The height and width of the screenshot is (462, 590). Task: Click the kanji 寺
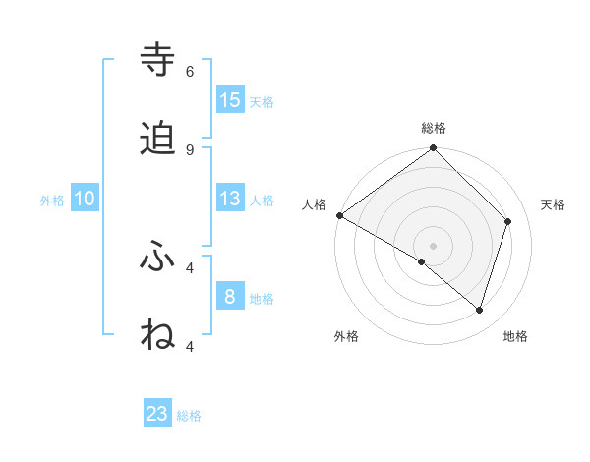tap(158, 59)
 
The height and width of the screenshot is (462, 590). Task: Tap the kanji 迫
tap(158, 138)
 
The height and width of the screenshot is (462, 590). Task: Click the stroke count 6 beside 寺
tap(190, 71)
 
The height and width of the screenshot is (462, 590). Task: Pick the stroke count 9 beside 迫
tap(190, 149)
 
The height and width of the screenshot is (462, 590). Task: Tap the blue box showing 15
tap(230, 99)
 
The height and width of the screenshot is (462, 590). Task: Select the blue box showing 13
tap(230, 198)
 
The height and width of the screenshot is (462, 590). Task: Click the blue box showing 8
tap(230, 296)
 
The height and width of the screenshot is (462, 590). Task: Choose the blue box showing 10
tap(85, 199)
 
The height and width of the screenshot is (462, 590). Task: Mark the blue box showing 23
tap(157, 414)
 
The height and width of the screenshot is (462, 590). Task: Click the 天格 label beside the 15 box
tap(262, 102)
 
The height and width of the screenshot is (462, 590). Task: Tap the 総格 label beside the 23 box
tap(189, 417)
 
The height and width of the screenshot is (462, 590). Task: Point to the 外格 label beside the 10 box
tap(52, 201)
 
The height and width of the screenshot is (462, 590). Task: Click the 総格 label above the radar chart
tap(434, 128)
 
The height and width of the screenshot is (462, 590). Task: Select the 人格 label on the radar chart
tap(314, 204)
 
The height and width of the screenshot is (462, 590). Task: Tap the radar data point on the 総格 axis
tap(434, 149)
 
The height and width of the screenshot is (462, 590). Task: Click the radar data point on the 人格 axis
tap(339, 215)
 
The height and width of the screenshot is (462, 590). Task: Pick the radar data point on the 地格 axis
tap(480, 311)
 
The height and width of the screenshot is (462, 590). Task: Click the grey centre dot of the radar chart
tap(434, 245)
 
